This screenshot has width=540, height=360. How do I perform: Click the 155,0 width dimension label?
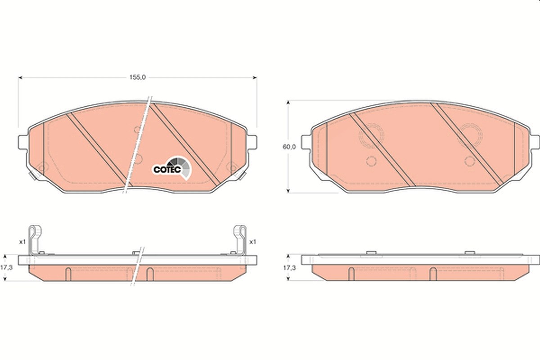click(138, 77)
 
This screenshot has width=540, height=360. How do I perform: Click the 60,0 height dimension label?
click(289, 147)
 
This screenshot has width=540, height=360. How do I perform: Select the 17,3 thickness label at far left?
click(6, 268)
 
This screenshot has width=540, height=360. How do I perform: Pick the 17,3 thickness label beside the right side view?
click(289, 268)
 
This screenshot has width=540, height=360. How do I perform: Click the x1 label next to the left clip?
click(22, 242)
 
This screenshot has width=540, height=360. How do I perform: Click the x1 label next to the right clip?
click(252, 242)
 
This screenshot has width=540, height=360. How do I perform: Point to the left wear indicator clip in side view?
click(35, 240)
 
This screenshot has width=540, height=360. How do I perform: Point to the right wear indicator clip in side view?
click(240, 240)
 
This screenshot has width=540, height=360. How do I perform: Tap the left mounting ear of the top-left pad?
click(23, 142)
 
